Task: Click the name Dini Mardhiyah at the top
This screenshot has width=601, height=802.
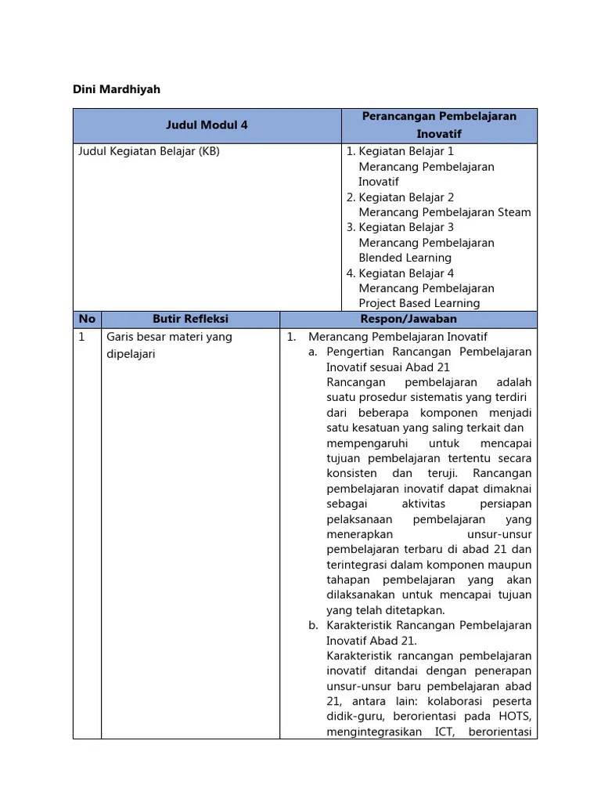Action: pyautogui.click(x=117, y=89)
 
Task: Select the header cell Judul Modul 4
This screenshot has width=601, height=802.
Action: pyautogui.click(x=207, y=125)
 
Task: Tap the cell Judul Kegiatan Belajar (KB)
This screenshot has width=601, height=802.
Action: pyautogui.click(x=149, y=151)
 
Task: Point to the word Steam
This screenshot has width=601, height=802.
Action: pyautogui.click(x=514, y=212)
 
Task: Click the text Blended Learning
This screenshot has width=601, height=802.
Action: pyautogui.click(x=405, y=258)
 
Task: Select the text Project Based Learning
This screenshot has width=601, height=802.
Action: pyautogui.click(x=419, y=303)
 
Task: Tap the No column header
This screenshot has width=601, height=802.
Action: pyautogui.click(x=87, y=319)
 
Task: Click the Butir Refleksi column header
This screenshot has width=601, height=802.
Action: pyautogui.click(x=190, y=319)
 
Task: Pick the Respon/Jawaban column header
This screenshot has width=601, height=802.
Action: pyautogui.click(x=408, y=319)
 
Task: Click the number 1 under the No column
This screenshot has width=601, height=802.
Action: pyautogui.click(x=81, y=337)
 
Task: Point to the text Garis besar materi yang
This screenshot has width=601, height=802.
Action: pyautogui.click(x=169, y=337)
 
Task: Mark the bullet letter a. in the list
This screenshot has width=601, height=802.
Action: pyautogui.click(x=313, y=352)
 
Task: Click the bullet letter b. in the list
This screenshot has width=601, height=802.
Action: pyautogui.click(x=313, y=625)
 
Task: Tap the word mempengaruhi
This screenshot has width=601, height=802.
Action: pyautogui.click(x=364, y=443)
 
